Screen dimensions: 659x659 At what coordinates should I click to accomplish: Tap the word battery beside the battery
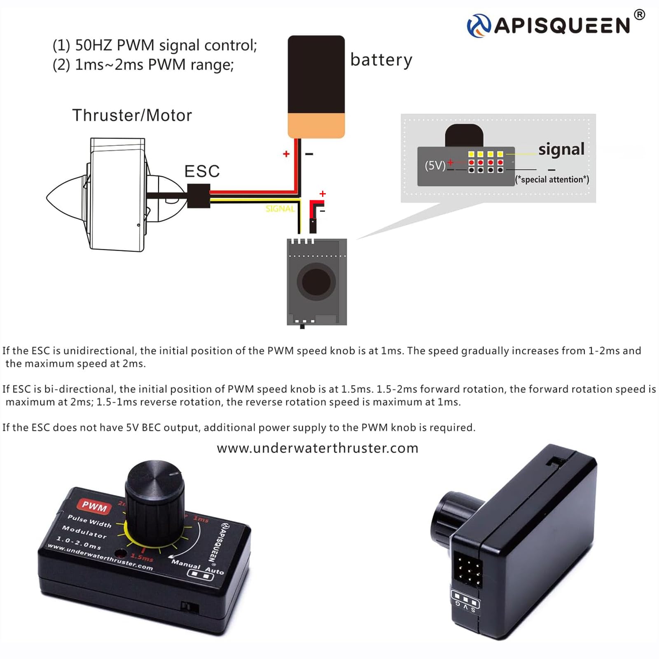[x=381, y=60]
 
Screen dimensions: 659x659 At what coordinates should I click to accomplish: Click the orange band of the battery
[x=316, y=126]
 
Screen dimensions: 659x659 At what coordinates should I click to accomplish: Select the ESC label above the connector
[x=202, y=171]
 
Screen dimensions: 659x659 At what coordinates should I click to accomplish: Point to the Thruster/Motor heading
[x=132, y=116]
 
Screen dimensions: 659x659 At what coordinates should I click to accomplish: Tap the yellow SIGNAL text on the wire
[x=280, y=209]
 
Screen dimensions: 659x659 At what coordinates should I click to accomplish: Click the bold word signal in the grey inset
[x=561, y=149]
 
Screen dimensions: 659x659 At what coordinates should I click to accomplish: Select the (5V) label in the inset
[x=435, y=166]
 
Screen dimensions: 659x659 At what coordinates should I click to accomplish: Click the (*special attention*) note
[x=552, y=180]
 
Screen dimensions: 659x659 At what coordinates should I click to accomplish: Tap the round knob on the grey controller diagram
[x=316, y=282]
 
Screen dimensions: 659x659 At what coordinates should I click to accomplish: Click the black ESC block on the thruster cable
[x=199, y=196]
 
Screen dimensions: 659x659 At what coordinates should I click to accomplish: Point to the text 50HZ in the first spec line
[x=94, y=45]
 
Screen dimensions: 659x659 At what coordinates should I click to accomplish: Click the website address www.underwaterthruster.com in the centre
[x=318, y=448]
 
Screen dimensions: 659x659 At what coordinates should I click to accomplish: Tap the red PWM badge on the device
[x=94, y=506]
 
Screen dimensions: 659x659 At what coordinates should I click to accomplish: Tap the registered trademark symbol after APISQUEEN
[x=639, y=15]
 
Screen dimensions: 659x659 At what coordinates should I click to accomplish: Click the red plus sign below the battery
[x=286, y=154]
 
